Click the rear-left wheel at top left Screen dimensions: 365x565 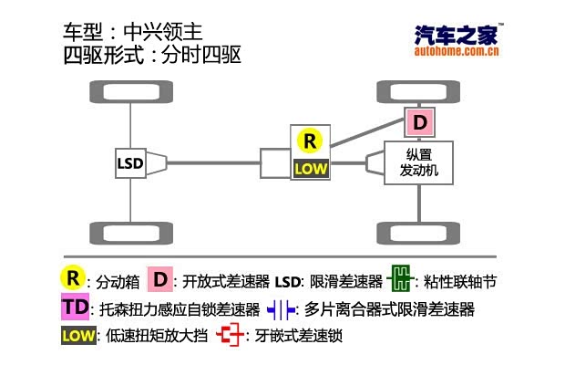pyautogui.click(x=122, y=92)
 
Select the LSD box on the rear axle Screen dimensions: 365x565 pyautogui.click(x=130, y=164)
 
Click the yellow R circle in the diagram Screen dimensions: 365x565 pyautogui.click(x=310, y=141)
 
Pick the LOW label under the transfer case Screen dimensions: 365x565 pyautogui.click(x=310, y=168)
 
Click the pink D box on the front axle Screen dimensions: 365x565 pyautogui.click(x=419, y=122)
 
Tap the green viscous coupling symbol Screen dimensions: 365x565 pyautogui.click(x=399, y=278)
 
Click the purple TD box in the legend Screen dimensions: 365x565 pyautogui.click(x=77, y=307)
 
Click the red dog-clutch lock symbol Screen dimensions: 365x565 pyautogui.click(x=231, y=336)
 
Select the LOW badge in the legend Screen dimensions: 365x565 pyautogui.click(x=78, y=336)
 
